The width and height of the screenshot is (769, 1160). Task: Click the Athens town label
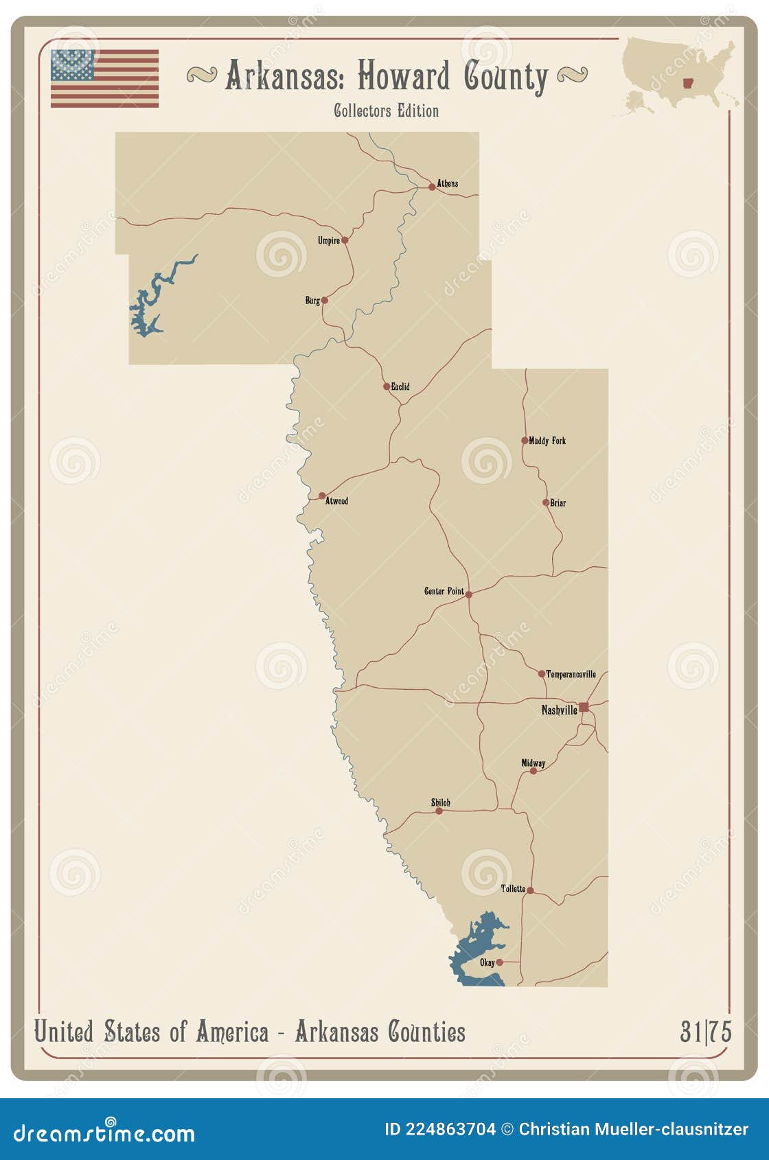[447, 183]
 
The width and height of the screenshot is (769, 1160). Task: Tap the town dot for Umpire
[345, 240]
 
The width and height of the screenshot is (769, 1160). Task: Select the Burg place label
[312, 301]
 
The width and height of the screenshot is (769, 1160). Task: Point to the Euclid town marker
[387, 386]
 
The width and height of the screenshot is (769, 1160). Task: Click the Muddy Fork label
[547, 441]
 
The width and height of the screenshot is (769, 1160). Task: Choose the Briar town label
[558, 502]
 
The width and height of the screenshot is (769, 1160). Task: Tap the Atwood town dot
[322, 496]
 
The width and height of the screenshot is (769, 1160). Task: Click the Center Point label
[444, 591]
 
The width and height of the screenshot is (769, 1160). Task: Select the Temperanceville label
[571, 674]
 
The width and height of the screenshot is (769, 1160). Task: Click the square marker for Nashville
[583, 707]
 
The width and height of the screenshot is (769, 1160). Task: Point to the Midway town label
[533, 763]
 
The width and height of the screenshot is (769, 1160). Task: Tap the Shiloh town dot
[439, 811]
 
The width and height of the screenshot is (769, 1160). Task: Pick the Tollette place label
[513, 889]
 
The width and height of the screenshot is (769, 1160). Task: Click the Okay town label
[487, 962]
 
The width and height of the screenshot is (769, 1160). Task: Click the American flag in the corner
[104, 78]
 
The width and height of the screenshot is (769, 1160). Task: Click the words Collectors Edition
[386, 111]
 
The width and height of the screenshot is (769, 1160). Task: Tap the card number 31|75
[705, 1032]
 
